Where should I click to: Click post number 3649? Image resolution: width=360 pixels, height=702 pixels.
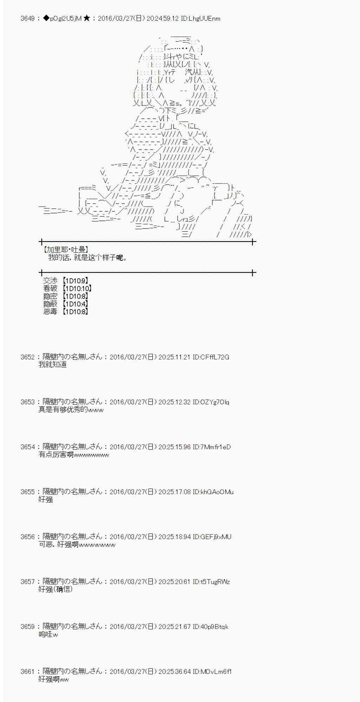coord(27,19)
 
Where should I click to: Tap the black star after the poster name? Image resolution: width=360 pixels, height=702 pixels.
coord(87,19)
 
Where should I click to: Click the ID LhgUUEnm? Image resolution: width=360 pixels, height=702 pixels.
coord(201,19)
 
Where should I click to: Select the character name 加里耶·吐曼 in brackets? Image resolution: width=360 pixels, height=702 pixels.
coord(65,250)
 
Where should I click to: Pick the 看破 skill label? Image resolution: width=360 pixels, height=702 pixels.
coord(50,289)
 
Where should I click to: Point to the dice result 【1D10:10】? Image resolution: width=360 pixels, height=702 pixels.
coord(77,289)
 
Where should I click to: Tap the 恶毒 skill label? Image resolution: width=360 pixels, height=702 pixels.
coord(50,312)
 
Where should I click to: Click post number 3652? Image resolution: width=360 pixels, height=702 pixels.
coord(27,357)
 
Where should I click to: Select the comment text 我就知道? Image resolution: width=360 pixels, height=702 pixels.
coord(52,365)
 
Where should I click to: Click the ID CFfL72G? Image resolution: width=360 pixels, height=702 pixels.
coord(211,357)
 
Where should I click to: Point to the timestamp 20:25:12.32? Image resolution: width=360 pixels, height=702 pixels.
coord(174,402)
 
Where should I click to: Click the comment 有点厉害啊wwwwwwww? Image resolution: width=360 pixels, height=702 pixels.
coord(73,455)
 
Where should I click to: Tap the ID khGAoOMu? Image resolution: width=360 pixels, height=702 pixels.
coord(213,492)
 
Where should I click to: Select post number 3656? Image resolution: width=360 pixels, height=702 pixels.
coord(27,537)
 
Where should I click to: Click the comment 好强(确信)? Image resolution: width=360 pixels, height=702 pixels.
coord(55,589)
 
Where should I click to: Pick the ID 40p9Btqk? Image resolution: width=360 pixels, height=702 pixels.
coord(210,627)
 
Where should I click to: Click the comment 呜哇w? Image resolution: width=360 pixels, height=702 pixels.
coord(48,634)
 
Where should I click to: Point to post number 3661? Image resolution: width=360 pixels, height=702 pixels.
coord(27,671)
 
